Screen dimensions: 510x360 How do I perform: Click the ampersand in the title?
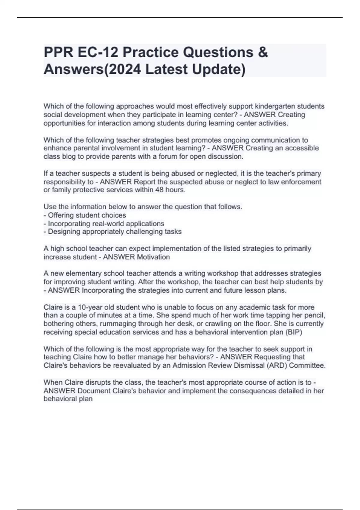[262, 52]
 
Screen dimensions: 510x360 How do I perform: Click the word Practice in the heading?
[150, 52]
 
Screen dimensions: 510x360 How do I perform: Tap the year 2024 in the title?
[125, 69]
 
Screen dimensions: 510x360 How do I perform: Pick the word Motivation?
[153, 257]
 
